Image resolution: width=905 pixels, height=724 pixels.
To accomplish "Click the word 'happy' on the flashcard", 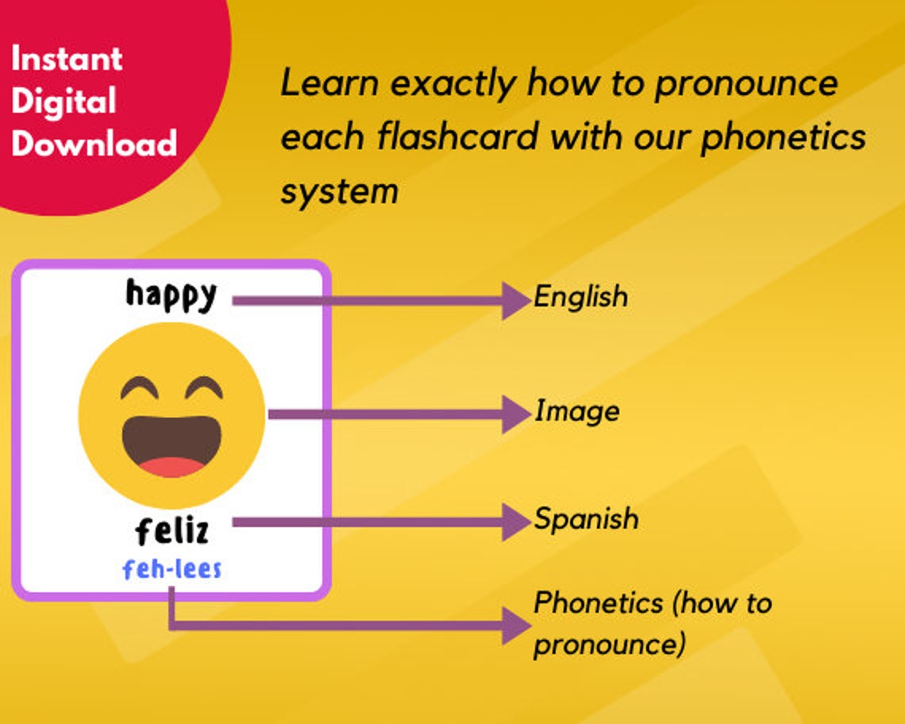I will pyautogui.click(x=171, y=295).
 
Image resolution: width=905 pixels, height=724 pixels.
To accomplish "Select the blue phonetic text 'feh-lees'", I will pyautogui.click(x=171, y=568).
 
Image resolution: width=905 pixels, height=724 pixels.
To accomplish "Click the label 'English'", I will pyautogui.click(x=580, y=298).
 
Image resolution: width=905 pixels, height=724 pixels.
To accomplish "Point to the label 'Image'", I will pyautogui.click(x=576, y=411).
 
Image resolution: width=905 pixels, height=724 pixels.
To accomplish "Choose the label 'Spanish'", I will pyautogui.click(x=586, y=519).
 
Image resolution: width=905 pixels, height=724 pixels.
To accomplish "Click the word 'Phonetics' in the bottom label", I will pyautogui.click(x=597, y=603).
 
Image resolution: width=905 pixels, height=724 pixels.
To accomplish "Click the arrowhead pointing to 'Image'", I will pyautogui.click(x=516, y=414).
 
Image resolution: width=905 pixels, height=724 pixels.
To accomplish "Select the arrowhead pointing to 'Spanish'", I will pyautogui.click(x=516, y=522).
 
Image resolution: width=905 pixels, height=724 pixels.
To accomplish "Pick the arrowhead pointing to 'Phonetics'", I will pyautogui.click(x=516, y=627).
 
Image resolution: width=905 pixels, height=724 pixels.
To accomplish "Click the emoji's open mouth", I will pyautogui.click(x=171, y=441).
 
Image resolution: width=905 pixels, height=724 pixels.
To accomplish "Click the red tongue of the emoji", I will pyautogui.click(x=171, y=466).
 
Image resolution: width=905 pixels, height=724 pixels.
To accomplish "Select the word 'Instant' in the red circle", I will pyautogui.click(x=67, y=59).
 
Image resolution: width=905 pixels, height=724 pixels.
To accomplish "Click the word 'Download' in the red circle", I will pyautogui.click(x=94, y=144).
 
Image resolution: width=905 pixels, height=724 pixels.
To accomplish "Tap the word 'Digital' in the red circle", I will pyautogui.click(x=64, y=102).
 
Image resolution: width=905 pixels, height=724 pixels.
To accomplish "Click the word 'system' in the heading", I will pyautogui.click(x=339, y=191).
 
